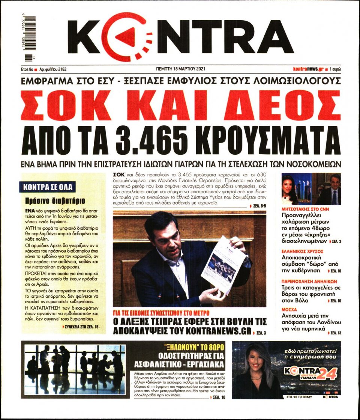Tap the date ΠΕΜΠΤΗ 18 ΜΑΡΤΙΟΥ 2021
[x=181, y=69]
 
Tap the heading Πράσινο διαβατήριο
[x=55, y=200]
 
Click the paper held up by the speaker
[x=223, y=265]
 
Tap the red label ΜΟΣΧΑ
[x=289, y=310]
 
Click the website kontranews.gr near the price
[x=308, y=69]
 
